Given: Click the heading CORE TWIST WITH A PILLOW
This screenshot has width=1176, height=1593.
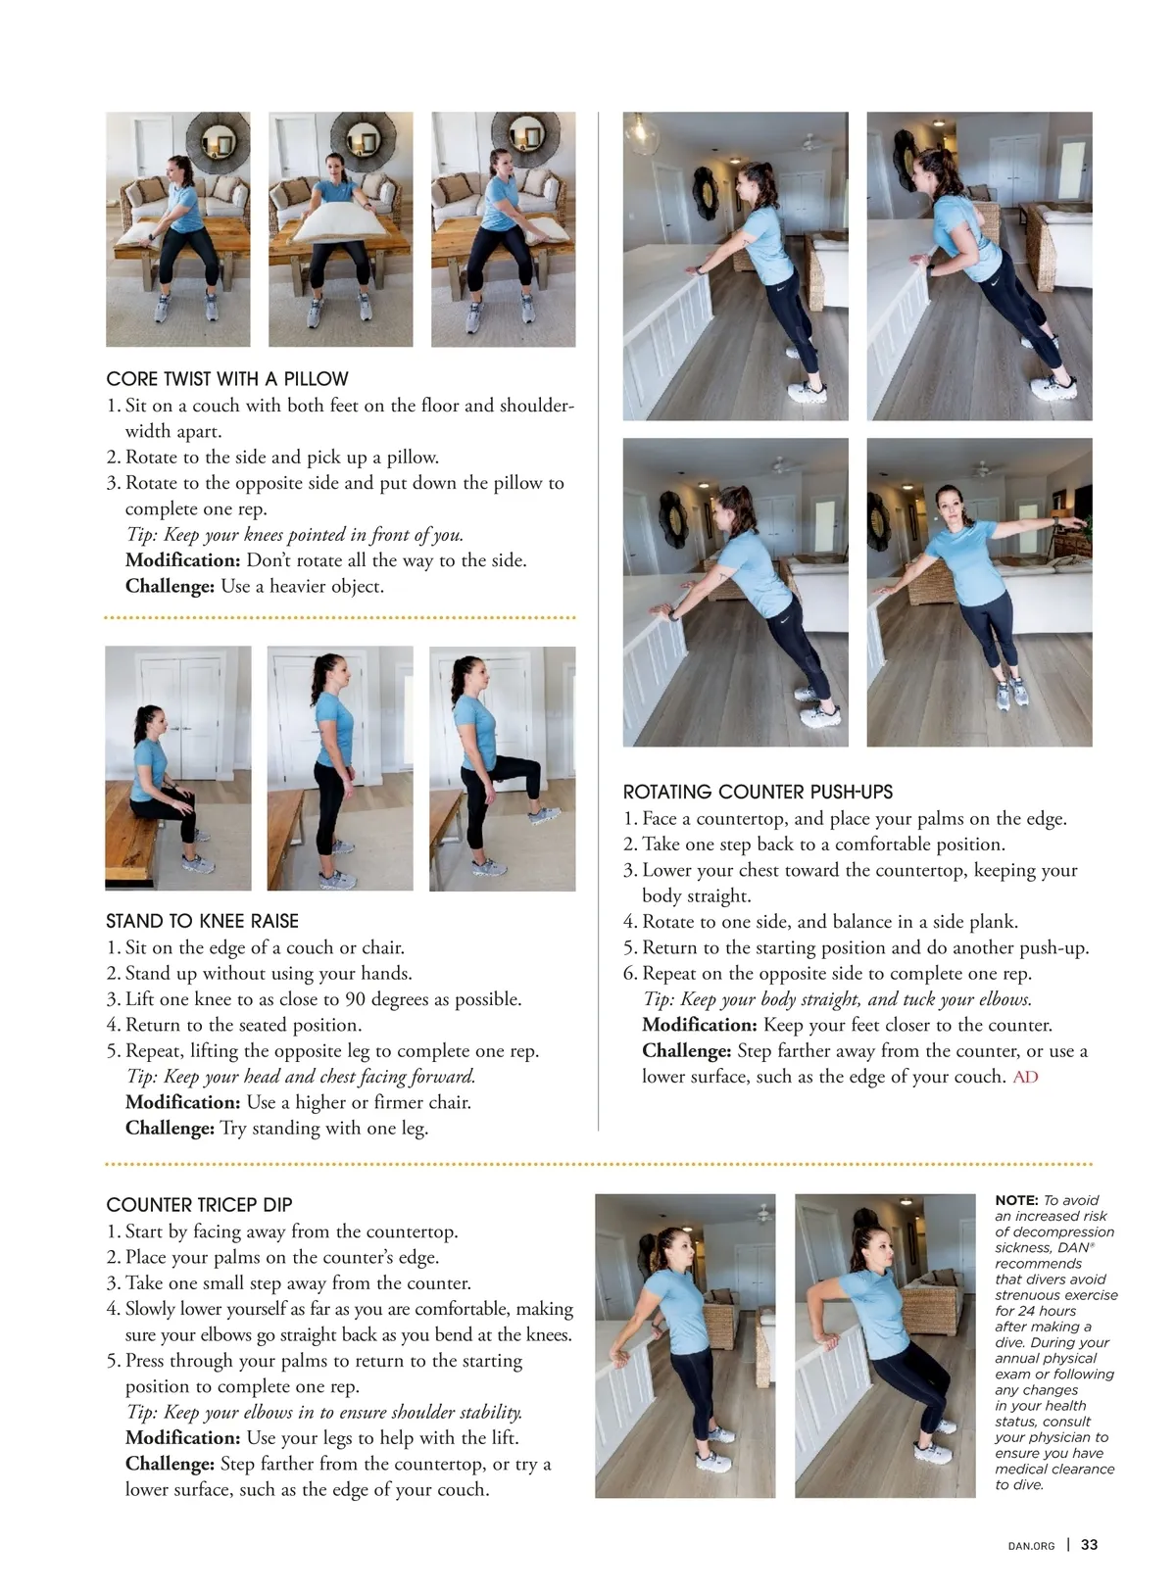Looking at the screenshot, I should tap(227, 379).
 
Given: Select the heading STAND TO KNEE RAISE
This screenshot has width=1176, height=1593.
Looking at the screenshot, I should tap(202, 921).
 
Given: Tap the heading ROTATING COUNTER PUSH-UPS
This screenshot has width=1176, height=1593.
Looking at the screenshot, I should tap(758, 792).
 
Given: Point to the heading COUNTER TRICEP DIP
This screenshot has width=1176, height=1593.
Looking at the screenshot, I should tap(199, 1205).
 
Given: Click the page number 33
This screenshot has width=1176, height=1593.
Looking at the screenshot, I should tap(1089, 1545).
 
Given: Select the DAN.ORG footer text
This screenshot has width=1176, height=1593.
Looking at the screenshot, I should tap(1031, 1546).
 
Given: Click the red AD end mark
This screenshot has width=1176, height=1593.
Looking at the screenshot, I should tap(1025, 1077).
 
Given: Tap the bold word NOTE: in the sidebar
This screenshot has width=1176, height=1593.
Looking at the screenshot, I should tap(1016, 1200).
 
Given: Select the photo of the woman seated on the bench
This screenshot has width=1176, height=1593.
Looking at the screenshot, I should tap(177, 768).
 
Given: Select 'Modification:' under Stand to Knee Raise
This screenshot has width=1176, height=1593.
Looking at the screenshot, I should tap(182, 1102).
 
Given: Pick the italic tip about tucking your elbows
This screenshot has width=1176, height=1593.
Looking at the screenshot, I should tap(837, 999).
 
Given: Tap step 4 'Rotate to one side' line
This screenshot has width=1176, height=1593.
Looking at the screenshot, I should tap(829, 922).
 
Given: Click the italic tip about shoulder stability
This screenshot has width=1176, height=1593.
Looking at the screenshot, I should tap(324, 1412).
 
